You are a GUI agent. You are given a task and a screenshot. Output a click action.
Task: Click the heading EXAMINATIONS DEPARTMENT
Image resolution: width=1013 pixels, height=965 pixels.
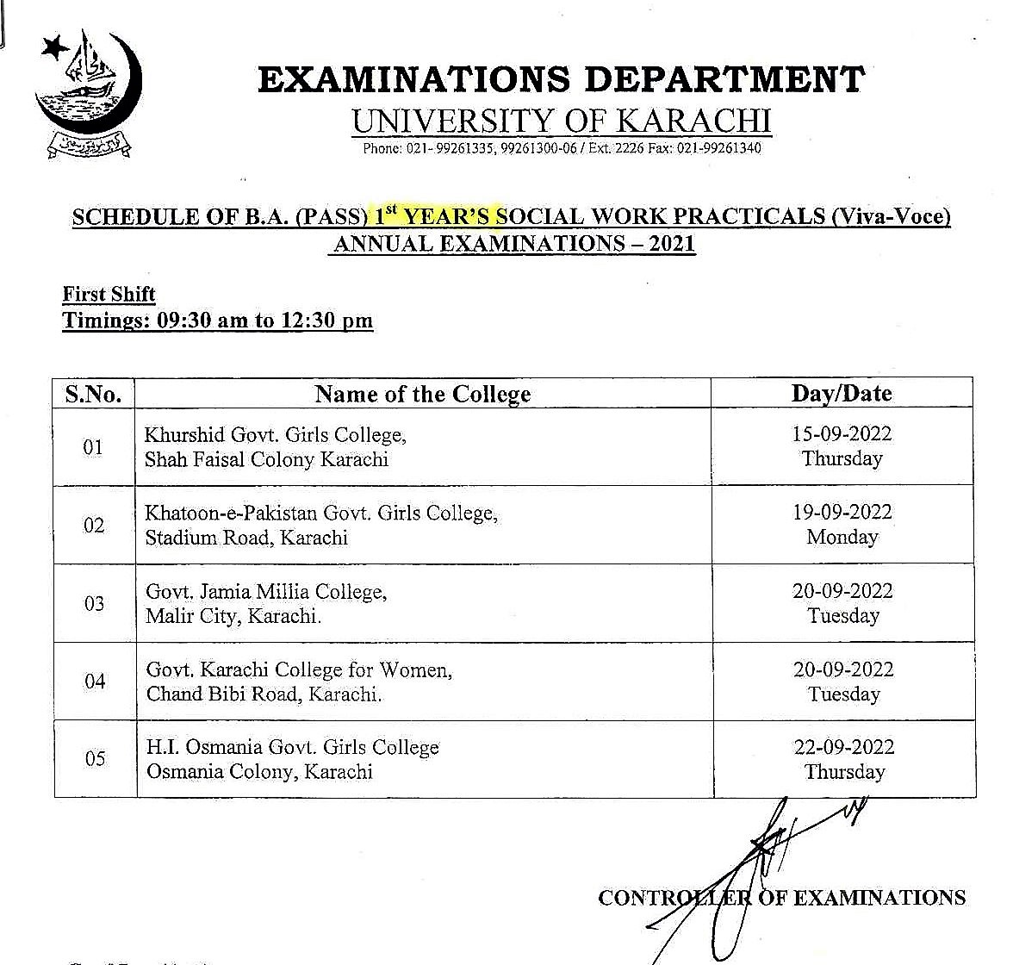(561, 79)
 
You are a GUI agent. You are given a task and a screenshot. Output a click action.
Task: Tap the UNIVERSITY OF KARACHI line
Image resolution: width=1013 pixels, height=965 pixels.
(561, 121)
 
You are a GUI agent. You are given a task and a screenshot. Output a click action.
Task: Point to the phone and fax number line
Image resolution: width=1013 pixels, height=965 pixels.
(562, 148)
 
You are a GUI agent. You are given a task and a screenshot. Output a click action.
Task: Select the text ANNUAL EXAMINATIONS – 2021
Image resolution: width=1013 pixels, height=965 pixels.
(513, 244)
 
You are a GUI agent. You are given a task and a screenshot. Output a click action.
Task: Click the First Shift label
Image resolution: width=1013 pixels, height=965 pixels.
(109, 294)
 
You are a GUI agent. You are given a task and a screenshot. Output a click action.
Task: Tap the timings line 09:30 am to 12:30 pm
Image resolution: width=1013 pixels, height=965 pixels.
(217, 321)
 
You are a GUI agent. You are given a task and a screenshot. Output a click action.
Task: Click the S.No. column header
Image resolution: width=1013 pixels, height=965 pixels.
(93, 395)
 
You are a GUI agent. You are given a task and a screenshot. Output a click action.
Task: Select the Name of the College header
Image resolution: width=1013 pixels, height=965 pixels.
(423, 395)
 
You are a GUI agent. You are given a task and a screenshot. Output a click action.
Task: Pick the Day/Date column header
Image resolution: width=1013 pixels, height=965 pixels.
(841, 394)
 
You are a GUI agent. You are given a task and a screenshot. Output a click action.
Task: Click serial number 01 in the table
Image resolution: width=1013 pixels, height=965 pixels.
(93, 447)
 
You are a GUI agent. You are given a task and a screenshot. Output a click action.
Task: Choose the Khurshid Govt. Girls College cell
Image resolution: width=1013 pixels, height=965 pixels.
(275, 446)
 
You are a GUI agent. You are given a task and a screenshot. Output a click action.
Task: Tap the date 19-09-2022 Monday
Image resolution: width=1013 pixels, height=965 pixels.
(842, 525)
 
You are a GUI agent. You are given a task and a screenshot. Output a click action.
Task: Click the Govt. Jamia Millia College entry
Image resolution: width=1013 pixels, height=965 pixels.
(266, 603)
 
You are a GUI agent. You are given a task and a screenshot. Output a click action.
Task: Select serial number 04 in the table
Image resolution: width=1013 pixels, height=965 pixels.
(95, 682)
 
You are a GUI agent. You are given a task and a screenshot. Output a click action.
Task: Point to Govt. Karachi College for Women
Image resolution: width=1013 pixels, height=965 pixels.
(298, 682)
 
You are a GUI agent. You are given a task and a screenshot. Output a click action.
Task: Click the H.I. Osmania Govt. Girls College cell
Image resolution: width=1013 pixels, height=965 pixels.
(292, 759)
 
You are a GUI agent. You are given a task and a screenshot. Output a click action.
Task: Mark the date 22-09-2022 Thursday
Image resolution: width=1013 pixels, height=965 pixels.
(843, 759)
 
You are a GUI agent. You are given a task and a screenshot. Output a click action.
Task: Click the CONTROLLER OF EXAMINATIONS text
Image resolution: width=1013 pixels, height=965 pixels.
(781, 898)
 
